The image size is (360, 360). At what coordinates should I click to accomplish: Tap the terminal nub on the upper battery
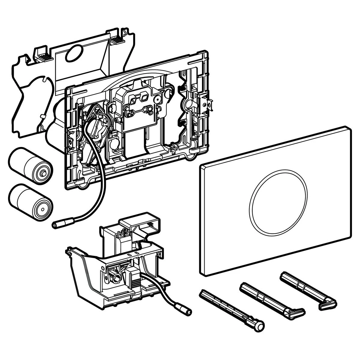pyautogui.click(x=44, y=173)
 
